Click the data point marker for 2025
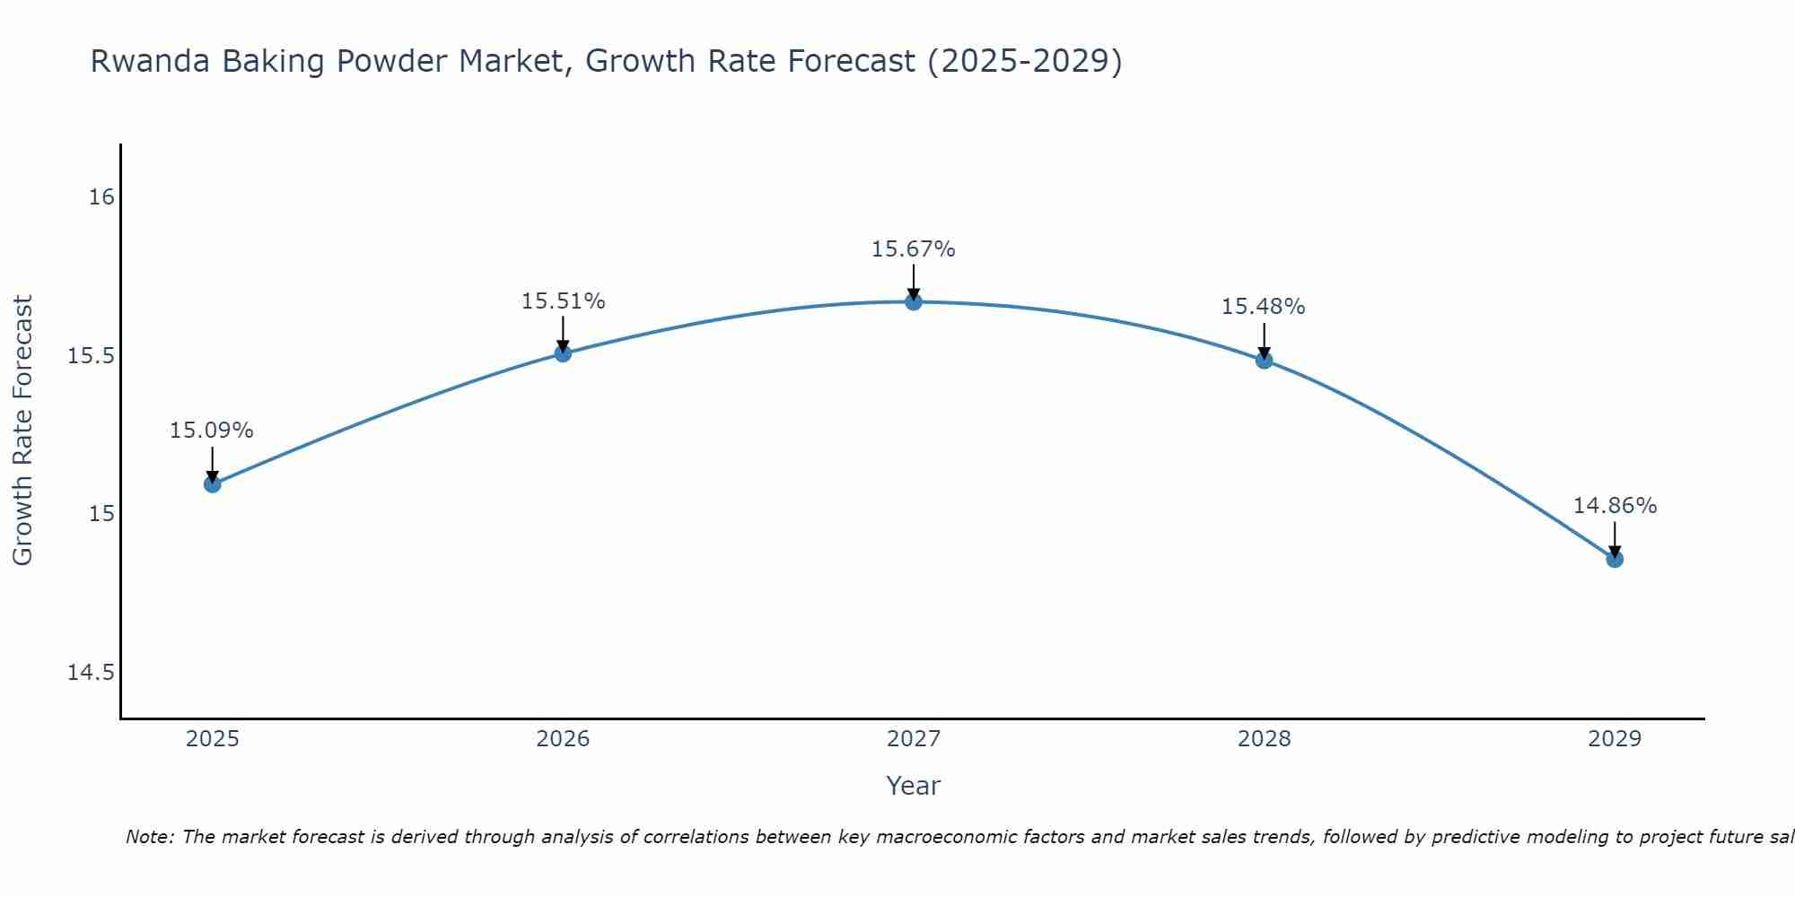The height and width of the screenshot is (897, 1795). (212, 484)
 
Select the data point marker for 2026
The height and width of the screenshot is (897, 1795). (563, 353)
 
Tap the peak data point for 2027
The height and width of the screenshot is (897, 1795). (914, 302)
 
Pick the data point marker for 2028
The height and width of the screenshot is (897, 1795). (1264, 361)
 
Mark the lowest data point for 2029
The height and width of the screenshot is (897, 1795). (1615, 559)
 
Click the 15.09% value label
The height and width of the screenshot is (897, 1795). (212, 431)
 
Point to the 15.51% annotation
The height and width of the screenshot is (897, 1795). (563, 301)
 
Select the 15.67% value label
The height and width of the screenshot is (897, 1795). (914, 249)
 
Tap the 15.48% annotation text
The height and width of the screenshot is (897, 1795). (1264, 307)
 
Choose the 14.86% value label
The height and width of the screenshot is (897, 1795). (1615, 506)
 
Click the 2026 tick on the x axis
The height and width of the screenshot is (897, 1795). (563, 739)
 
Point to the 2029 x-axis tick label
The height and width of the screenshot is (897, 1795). (1615, 739)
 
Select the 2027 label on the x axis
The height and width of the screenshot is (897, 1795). (914, 739)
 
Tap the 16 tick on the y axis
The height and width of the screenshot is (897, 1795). (102, 196)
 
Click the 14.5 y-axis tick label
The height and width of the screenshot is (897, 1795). (92, 672)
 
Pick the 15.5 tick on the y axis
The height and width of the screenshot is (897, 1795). (92, 356)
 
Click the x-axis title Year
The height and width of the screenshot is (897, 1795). (914, 786)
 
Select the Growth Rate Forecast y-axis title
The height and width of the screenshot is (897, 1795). (23, 431)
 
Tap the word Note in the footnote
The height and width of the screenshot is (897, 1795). (148, 837)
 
